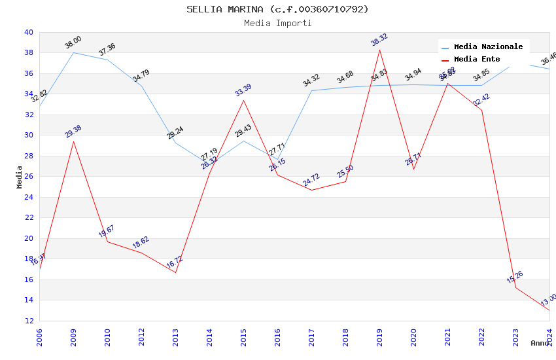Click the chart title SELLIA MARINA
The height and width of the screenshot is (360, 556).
point(277,9)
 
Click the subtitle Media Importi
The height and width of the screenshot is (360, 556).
point(277,23)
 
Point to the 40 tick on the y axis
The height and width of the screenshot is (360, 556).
point(28,32)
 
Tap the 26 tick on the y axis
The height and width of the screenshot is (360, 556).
point(28,177)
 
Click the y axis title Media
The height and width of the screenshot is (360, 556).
point(20,177)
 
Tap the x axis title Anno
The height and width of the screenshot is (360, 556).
point(540,343)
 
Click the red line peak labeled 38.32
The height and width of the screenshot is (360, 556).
point(379,50)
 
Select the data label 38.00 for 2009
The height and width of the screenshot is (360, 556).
point(73,43)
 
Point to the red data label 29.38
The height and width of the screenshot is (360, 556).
point(73,132)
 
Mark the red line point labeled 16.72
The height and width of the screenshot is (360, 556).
point(175,272)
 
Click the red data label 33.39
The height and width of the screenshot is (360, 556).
point(243,90)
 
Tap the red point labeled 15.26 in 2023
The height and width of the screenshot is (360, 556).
point(515,287)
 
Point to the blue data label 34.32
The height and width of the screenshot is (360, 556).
point(311,81)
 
